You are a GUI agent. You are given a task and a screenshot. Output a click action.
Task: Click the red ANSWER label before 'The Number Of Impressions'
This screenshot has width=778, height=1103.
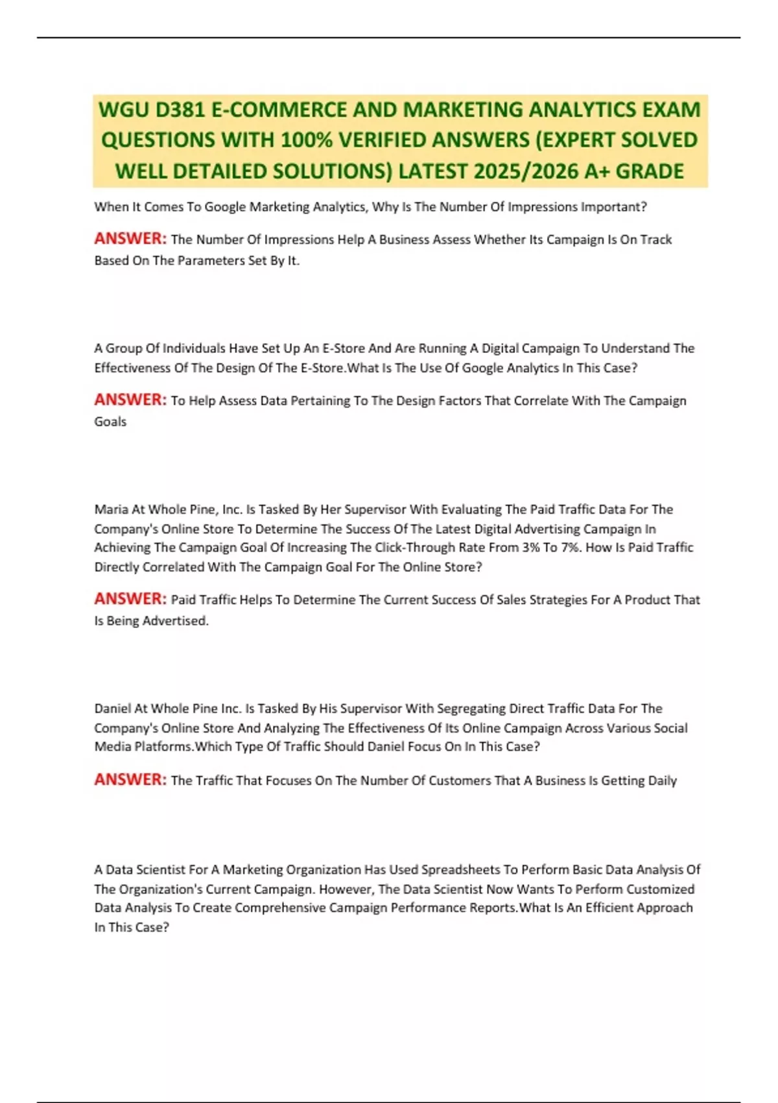click(130, 239)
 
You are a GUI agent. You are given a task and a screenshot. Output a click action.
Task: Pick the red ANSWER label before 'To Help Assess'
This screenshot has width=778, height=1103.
click(130, 400)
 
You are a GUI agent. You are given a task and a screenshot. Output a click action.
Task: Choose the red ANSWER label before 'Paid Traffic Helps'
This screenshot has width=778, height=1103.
click(130, 599)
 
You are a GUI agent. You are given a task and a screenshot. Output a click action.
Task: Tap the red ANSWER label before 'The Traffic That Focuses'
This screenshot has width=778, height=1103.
click(130, 779)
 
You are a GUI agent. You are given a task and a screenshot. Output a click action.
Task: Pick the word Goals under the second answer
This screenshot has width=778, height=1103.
click(110, 422)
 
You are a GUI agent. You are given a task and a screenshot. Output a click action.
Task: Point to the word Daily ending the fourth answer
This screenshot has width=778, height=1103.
click(662, 781)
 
